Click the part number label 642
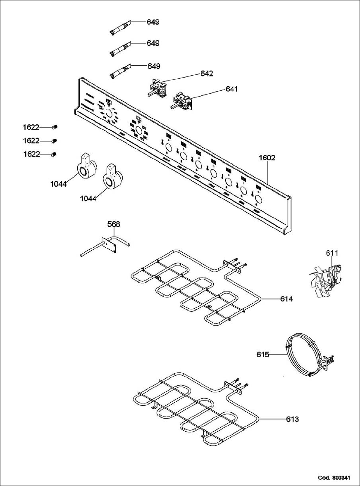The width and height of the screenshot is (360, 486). tap(207, 74)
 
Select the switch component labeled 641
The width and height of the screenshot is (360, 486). tap(181, 101)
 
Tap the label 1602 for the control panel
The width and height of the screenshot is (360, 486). tap(267, 157)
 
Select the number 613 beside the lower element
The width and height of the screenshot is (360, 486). tap(292, 419)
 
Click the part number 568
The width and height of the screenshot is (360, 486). tap(114, 224)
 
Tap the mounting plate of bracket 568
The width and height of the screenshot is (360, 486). tap(109, 245)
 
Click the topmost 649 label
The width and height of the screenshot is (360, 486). tap(153, 21)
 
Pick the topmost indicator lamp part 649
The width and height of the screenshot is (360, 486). tap(120, 27)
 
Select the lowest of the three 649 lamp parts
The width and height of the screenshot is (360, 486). tap(120, 71)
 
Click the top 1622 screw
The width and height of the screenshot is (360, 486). tap(54, 127)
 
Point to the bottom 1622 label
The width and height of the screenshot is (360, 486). tap(31, 154)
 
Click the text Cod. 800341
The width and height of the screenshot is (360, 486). tap(334, 478)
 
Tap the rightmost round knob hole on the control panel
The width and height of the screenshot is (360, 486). tap(259, 199)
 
